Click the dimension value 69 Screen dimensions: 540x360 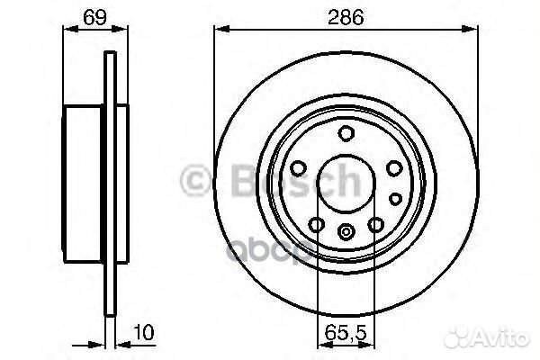pos(94,17)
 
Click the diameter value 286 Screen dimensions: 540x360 pos(346,17)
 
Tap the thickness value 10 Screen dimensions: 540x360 pos(144,332)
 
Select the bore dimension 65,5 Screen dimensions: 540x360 pos(346,332)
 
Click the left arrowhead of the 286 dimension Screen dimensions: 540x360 pos(221,29)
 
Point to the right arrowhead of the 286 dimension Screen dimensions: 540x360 pos(470,29)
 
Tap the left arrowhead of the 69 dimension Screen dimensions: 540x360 pos(71,29)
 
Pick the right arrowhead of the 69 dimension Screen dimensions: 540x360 pos(120,29)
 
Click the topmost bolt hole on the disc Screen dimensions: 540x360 pos(346,133)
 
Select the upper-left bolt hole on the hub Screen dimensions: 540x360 pos(298,168)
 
